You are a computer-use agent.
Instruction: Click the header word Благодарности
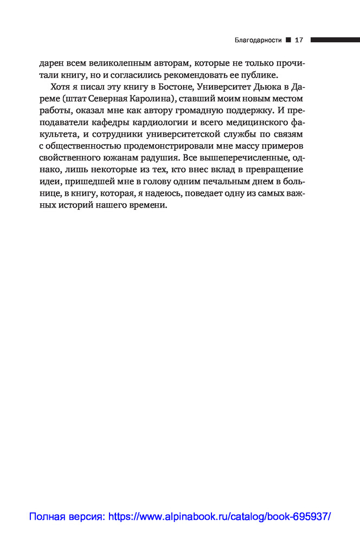click(258, 40)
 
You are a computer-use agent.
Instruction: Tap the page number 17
click(299, 40)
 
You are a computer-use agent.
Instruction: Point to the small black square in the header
click(288, 40)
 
